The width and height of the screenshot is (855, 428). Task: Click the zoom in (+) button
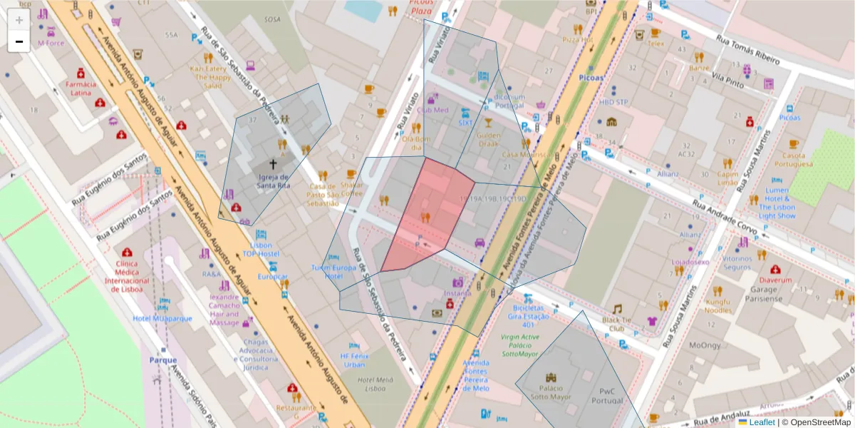(19, 20)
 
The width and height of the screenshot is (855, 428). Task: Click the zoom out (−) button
(19, 41)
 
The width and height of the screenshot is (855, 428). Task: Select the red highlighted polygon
(427, 214)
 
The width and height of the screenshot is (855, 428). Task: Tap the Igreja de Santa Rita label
(274, 181)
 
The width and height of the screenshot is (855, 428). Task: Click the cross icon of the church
(273, 164)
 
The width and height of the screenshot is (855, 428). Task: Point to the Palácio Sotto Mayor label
(550, 392)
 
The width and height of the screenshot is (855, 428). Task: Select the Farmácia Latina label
(81, 88)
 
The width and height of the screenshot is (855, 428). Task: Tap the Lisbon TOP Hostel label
(260, 249)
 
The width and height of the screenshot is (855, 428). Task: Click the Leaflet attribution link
(762, 422)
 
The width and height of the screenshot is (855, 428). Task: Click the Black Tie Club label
(617, 324)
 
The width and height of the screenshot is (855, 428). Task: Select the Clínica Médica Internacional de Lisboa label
(128, 275)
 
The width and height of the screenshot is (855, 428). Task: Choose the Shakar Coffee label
(352, 188)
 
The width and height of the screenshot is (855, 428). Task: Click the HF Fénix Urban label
(353, 360)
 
